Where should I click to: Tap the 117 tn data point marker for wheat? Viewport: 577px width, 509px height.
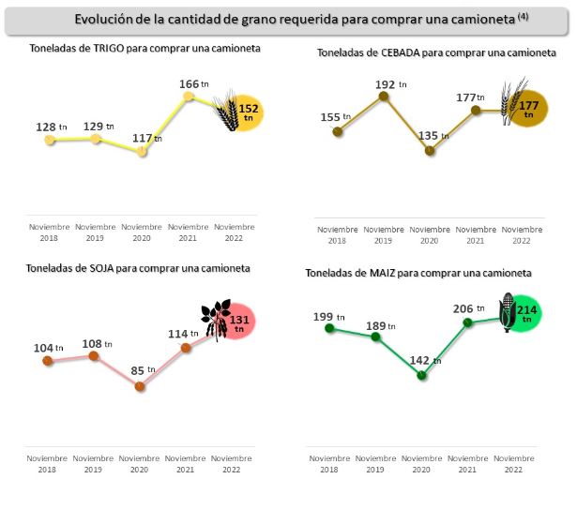tap(143, 151)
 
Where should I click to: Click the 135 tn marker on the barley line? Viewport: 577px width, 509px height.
tap(430, 150)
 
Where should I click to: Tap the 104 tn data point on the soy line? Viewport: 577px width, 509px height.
tap(47, 361)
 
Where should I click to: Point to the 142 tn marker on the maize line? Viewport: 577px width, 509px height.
tap(421, 375)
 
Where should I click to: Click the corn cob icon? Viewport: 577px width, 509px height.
tap(507, 312)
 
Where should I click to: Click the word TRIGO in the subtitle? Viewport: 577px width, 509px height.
tap(112, 47)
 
